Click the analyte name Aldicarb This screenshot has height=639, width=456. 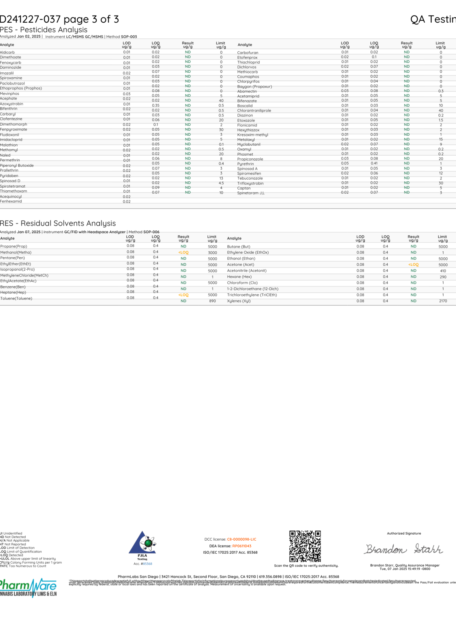coord(7,52)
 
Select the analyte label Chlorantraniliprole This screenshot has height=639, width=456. coord(254,111)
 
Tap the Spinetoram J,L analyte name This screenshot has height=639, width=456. coord(250,193)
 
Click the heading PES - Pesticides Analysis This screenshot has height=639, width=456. coord(44,30)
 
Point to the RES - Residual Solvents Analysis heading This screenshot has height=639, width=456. coord(58,223)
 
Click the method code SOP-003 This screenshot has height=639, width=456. coord(129,37)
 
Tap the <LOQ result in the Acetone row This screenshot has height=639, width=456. coord(413,264)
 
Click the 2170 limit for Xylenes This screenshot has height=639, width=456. coord(443,301)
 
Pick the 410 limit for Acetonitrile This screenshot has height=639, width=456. coord(443,271)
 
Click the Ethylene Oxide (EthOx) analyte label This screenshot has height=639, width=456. coord(248,252)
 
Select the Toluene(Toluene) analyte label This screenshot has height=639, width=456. coord(16,298)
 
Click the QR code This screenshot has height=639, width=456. coord(305,546)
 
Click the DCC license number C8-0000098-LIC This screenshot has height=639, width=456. coord(242,539)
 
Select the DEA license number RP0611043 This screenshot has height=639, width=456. coord(242,546)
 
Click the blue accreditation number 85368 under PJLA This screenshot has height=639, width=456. coord(147,564)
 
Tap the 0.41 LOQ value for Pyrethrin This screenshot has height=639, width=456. coord(374,163)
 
